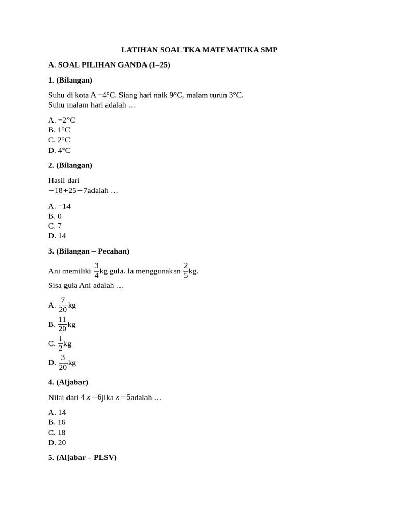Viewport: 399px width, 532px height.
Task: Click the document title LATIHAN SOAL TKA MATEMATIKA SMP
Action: [x=199, y=50]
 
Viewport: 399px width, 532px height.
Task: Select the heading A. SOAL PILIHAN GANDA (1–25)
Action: [x=109, y=65]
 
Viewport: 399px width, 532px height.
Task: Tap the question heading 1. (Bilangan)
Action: [x=70, y=80]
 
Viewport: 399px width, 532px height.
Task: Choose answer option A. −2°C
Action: [x=62, y=119]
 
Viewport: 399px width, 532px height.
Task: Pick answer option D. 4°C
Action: [x=59, y=150]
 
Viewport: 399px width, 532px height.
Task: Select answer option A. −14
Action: [x=59, y=206]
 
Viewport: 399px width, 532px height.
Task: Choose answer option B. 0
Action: [x=55, y=216]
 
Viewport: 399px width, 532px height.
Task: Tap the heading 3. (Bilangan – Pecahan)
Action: [x=88, y=251]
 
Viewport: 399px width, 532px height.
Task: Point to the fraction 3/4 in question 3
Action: [x=97, y=271]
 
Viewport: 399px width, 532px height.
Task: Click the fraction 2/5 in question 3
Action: [x=185, y=271]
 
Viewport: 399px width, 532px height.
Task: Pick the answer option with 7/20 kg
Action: [x=62, y=305]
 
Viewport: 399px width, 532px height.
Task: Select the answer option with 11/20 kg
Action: [x=62, y=324]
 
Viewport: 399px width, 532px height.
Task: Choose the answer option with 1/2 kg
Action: [x=60, y=343]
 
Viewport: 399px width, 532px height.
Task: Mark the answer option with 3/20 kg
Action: [x=62, y=363]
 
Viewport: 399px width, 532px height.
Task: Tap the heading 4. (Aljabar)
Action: [x=68, y=382]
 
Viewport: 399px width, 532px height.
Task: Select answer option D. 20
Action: [x=57, y=443]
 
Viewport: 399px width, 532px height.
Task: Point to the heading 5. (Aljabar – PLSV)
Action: [x=82, y=458]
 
